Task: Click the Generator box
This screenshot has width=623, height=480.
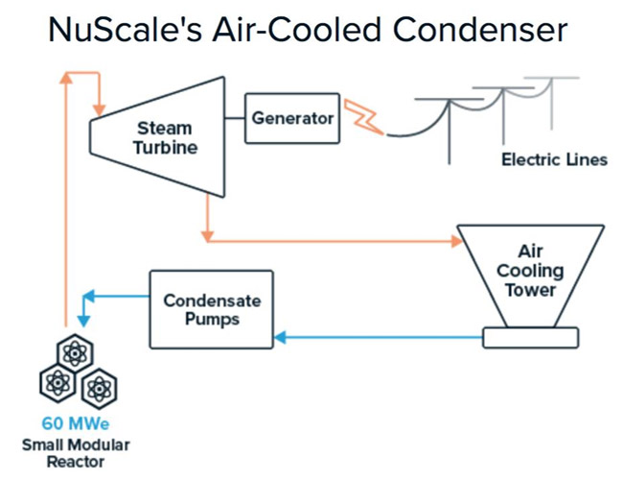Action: tap(292, 118)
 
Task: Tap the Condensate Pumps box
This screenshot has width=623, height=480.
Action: tap(211, 308)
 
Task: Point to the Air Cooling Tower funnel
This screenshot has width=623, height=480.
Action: tap(530, 273)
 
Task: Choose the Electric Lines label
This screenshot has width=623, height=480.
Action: tap(554, 159)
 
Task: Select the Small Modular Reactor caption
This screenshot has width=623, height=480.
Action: tap(76, 453)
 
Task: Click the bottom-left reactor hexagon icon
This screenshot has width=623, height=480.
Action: tap(57, 384)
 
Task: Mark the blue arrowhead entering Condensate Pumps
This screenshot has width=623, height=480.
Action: tap(280, 337)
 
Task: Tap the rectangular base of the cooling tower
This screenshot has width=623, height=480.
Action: tap(530, 337)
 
